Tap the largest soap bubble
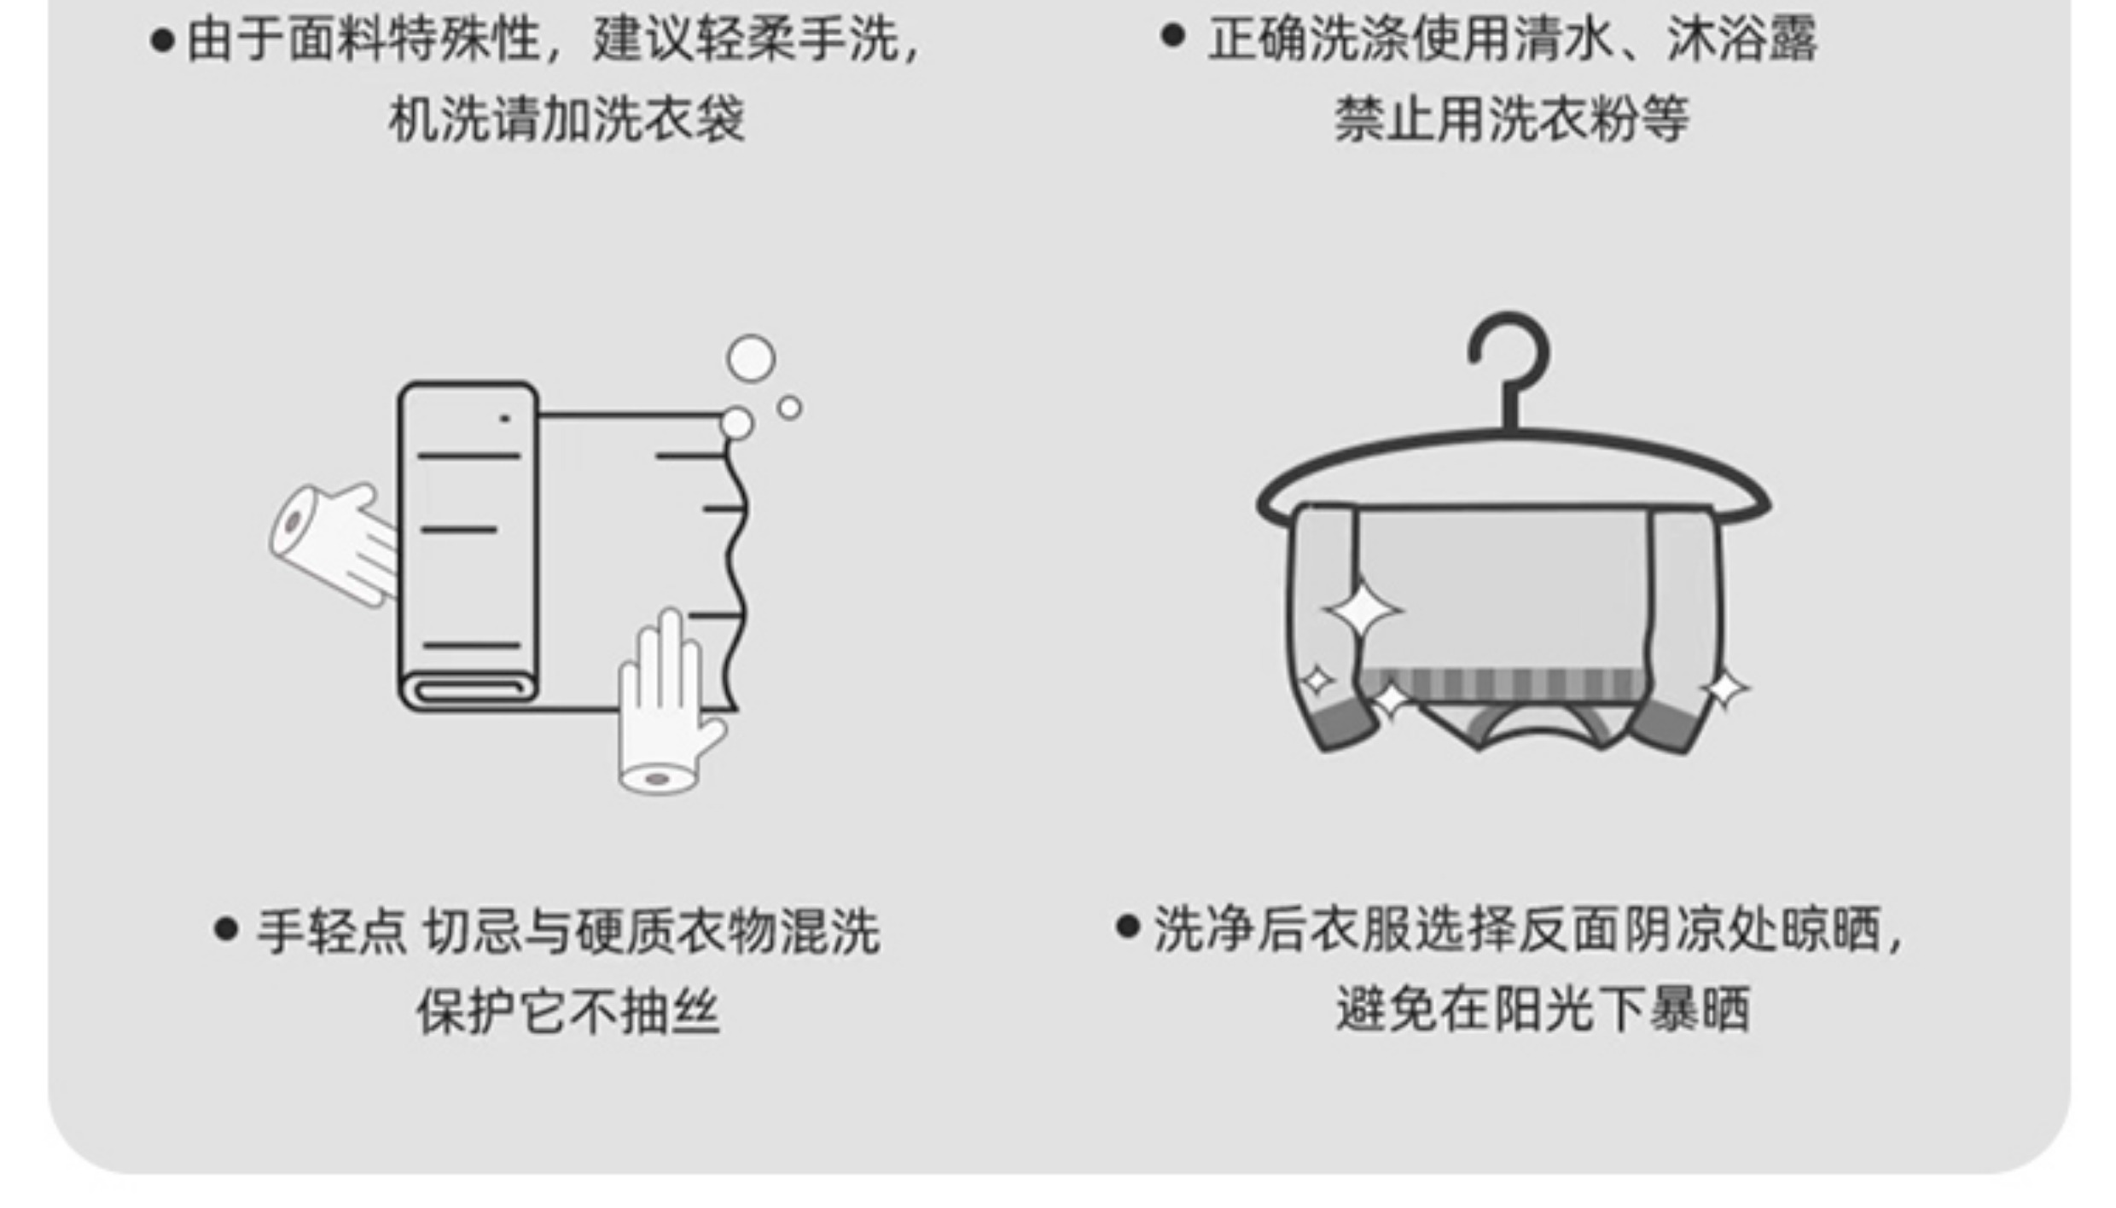coord(751,358)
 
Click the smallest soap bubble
coord(790,409)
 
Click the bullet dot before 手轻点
coord(226,930)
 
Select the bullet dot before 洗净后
coord(1127,926)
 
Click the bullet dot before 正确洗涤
coord(1173,36)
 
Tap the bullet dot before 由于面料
coord(162,41)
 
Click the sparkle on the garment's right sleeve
coord(1724,688)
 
